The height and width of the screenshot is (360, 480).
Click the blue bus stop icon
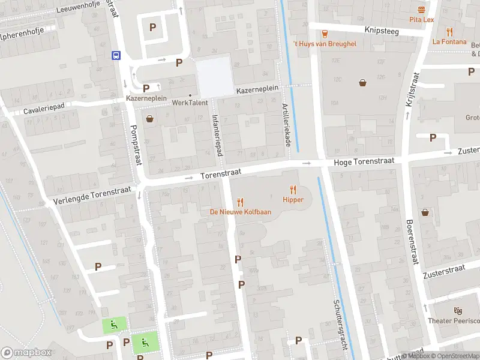tap(116, 55)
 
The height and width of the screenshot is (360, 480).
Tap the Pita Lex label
tap(421, 20)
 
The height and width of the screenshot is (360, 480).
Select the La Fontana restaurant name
tap(449, 41)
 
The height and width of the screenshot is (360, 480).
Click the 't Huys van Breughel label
tap(324, 44)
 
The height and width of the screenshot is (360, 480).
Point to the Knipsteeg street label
tap(382, 29)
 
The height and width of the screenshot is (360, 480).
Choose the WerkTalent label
tap(190, 103)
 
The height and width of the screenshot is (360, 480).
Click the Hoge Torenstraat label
tap(364, 161)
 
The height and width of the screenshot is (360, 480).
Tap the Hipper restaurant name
tap(293, 200)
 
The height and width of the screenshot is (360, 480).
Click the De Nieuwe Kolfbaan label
tap(240, 212)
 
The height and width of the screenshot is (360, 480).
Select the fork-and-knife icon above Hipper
tap(293, 190)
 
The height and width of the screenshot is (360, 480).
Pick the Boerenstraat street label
tap(412, 242)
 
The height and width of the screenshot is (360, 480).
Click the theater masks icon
tap(458, 311)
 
